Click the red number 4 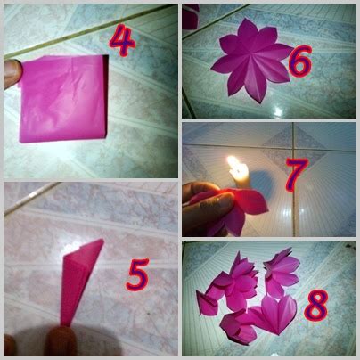pyautogui.click(x=125, y=41)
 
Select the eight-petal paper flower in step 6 pyautogui.click(x=249, y=60)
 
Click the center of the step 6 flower pyautogui.click(x=249, y=60)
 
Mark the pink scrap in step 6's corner pyautogui.click(x=190, y=15)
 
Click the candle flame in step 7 pyautogui.click(x=236, y=167)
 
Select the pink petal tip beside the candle pyautogui.click(x=258, y=204)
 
